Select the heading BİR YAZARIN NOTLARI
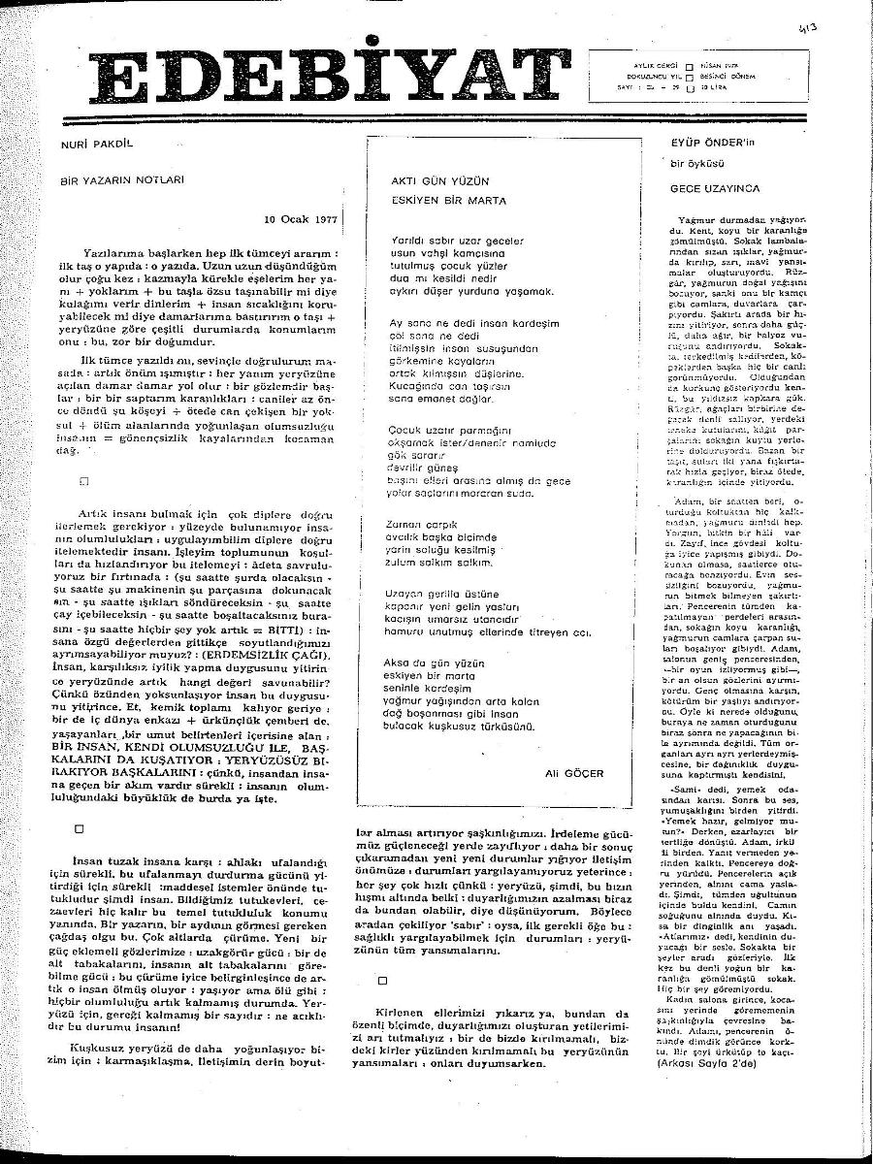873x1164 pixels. tap(122, 179)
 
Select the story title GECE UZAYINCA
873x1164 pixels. tap(715, 188)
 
